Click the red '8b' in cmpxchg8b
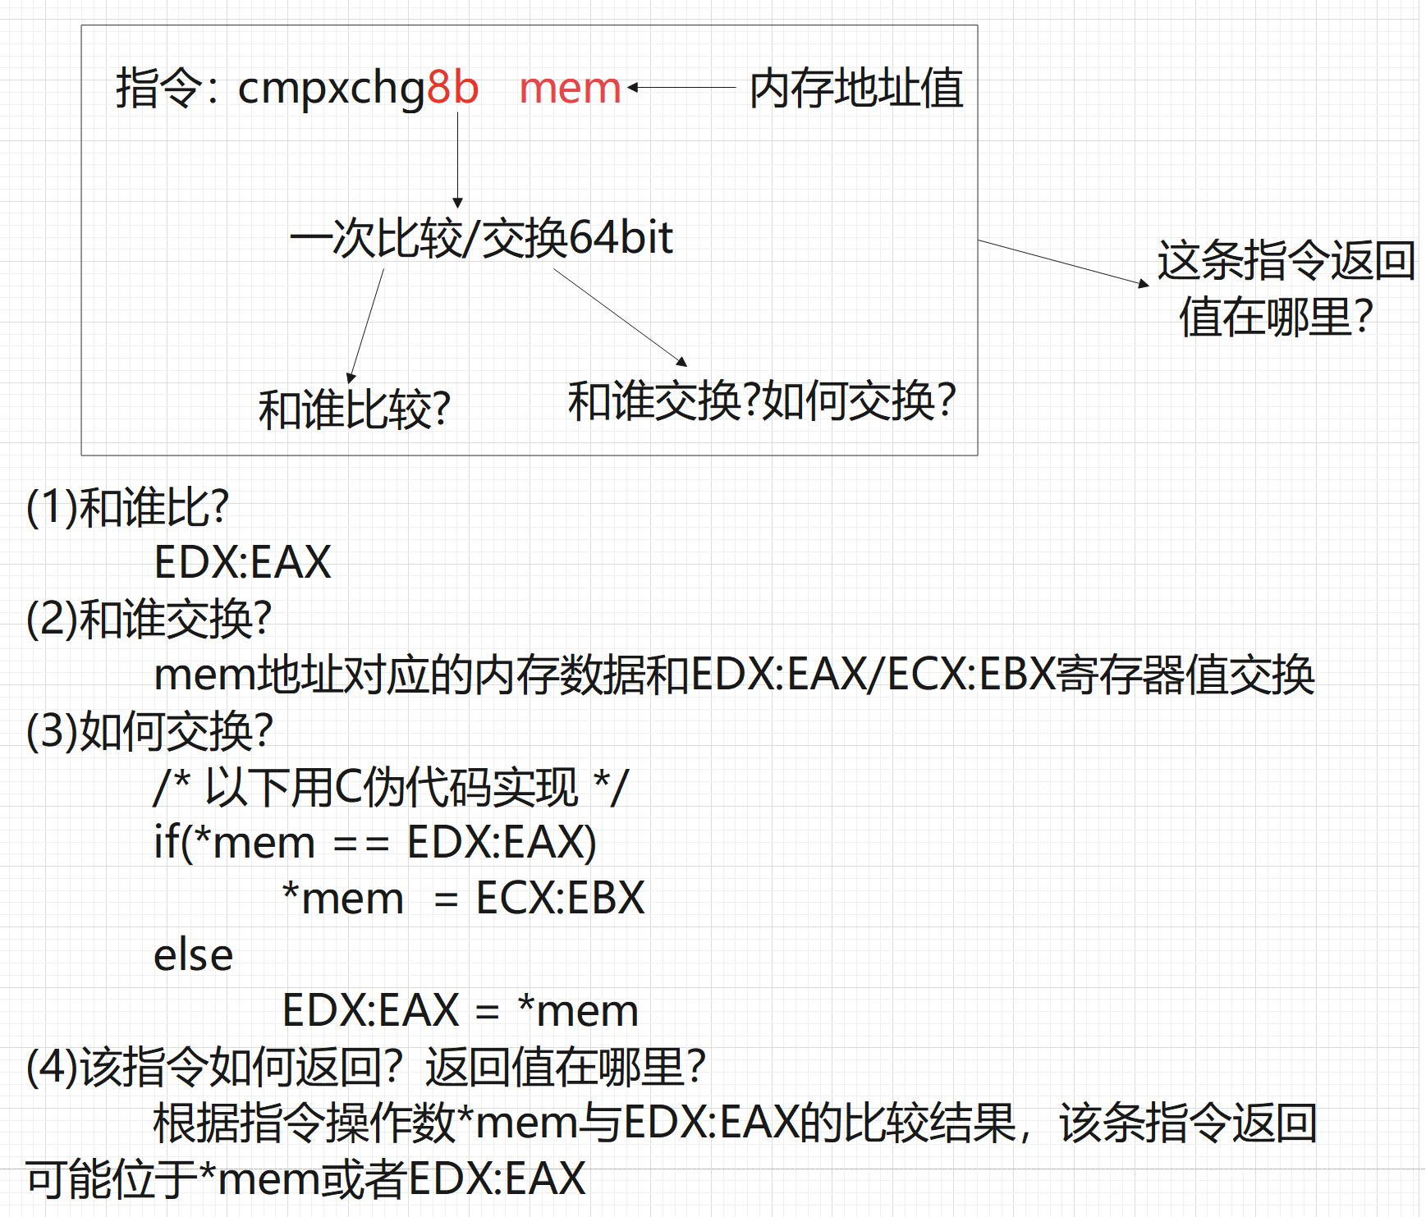[x=452, y=87]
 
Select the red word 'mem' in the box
[x=570, y=87]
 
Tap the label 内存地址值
[x=856, y=88]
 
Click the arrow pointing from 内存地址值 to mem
[x=681, y=86]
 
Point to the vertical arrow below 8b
[x=457, y=160]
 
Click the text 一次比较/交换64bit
[x=481, y=238]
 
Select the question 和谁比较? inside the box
[x=354, y=409]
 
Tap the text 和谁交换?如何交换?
[x=761, y=400]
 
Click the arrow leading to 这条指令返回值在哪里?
[x=1063, y=263]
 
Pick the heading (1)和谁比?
[x=127, y=506]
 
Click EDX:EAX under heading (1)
[x=242, y=562]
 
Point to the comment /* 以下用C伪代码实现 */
[x=391, y=786]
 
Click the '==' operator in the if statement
[x=361, y=844]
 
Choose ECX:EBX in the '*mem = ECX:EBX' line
[x=560, y=898]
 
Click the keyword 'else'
[x=193, y=955]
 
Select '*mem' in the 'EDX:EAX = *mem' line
[x=578, y=1010]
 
